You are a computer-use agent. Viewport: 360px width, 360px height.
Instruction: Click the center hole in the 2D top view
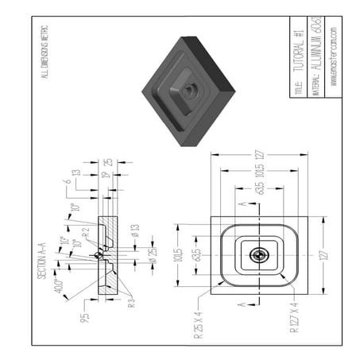pos(259,256)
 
